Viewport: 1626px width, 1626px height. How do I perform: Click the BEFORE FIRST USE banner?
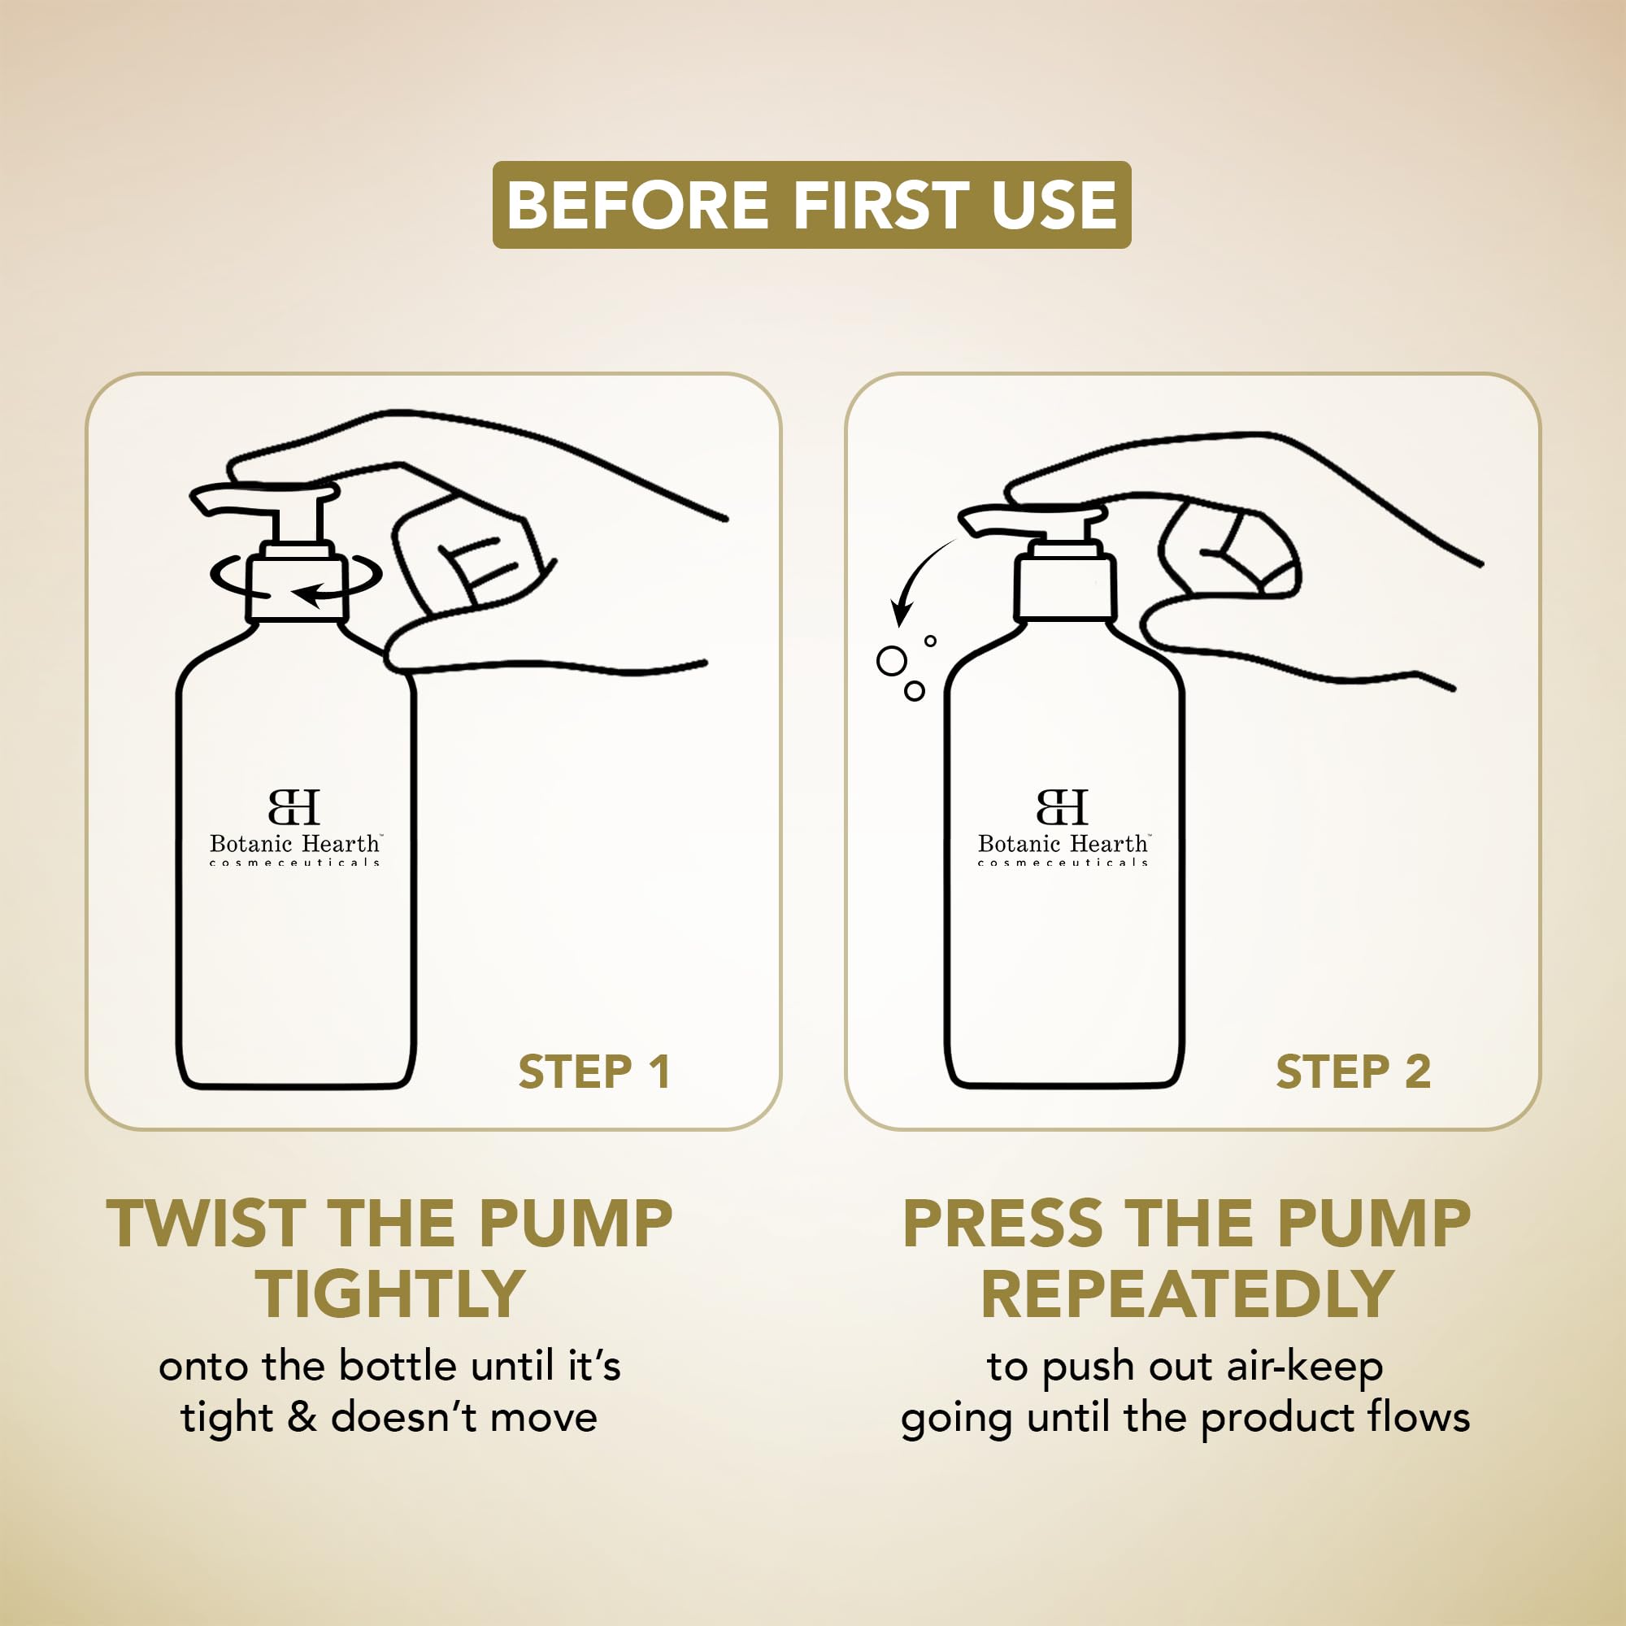click(811, 205)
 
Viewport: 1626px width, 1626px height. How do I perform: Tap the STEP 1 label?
click(594, 1072)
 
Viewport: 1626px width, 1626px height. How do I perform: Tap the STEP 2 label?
click(1354, 1072)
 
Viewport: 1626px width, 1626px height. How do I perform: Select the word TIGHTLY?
click(390, 1294)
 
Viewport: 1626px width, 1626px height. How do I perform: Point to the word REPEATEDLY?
click(1187, 1294)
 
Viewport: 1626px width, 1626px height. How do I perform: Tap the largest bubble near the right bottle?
click(891, 661)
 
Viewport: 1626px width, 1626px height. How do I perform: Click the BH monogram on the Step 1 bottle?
click(294, 807)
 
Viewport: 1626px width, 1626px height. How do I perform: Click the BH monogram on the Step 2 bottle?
click(1062, 807)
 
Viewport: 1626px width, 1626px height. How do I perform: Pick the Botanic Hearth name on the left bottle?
click(295, 843)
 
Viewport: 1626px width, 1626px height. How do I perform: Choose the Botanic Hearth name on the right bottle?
click(1063, 843)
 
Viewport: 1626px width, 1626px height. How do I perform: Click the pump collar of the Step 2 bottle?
click(1065, 588)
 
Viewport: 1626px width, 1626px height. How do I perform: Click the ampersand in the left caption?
click(302, 1418)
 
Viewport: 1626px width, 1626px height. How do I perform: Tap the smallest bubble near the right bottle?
click(930, 641)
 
